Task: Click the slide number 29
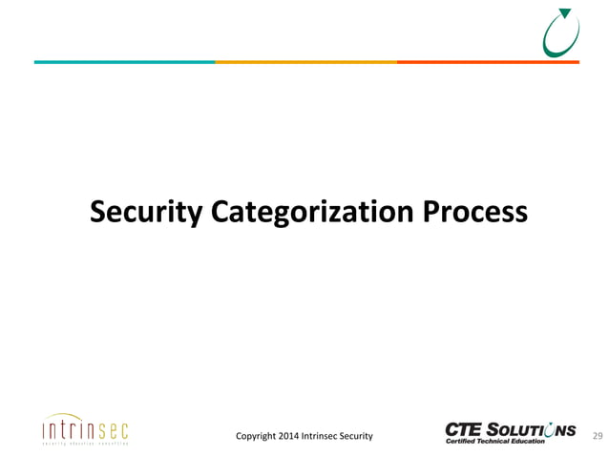click(598, 436)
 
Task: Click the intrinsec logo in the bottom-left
click(85, 430)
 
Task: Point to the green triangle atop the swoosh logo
click(565, 12)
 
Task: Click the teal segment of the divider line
click(124, 62)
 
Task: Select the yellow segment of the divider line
click(305, 62)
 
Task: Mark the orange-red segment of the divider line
click(487, 62)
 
